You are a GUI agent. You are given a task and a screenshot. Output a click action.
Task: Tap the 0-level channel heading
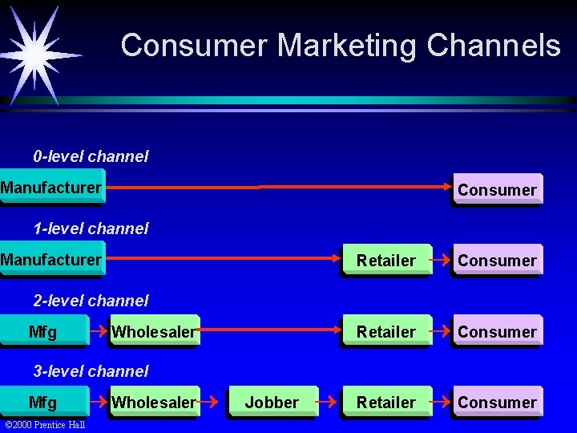tap(91, 156)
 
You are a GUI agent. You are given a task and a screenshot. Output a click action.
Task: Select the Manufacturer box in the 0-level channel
tap(51, 188)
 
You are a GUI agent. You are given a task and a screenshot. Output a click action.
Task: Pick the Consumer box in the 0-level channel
tap(497, 190)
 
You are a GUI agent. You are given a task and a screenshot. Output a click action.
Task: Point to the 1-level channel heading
tap(91, 229)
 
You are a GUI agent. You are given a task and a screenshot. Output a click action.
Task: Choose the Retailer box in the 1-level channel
tap(385, 261)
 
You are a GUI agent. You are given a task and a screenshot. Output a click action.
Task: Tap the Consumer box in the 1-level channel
tap(497, 261)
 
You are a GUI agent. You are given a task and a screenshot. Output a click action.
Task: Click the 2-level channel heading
tap(91, 301)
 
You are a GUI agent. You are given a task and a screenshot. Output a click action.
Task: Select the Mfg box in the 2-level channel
tap(43, 331)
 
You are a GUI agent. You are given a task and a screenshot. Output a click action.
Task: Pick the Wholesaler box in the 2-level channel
tap(154, 331)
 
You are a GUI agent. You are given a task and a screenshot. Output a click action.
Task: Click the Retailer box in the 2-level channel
tap(385, 331)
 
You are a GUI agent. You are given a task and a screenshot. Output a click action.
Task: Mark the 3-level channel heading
tap(91, 371)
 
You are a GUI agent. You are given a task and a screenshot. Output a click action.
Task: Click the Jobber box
tap(272, 402)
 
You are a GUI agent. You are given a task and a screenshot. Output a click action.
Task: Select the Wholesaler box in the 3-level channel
tap(154, 402)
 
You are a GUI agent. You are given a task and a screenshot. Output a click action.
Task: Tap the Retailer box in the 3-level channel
tap(385, 402)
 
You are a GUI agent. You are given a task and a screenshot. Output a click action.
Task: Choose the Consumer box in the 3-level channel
tap(497, 402)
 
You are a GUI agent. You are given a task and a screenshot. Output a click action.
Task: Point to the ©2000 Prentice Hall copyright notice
tap(45, 424)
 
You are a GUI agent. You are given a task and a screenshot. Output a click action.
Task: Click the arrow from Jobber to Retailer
tap(329, 398)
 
